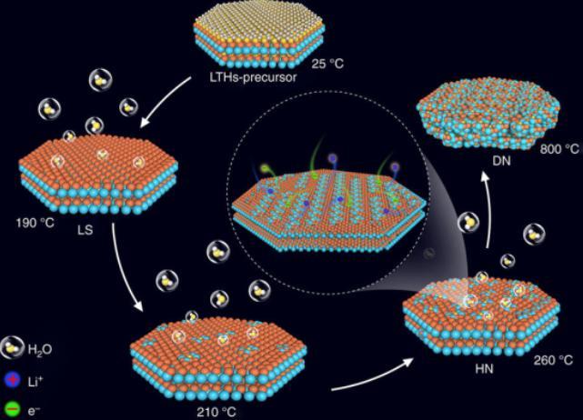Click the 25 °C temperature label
pyautogui.click(x=327, y=64)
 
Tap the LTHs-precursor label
pyautogui.click(x=254, y=77)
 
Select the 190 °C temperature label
pyautogui.click(x=35, y=223)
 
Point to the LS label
pyautogui.click(x=85, y=230)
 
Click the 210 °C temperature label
pyautogui.click(x=216, y=412)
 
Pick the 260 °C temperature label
pyautogui.click(x=553, y=360)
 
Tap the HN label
pyautogui.click(x=485, y=369)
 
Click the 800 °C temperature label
pyautogui.click(x=559, y=149)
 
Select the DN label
pyautogui.click(x=501, y=161)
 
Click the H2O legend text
pyautogui.click(x=40, y=350)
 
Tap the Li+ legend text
pyautogui.click(x=35, y=381)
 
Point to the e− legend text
pyautogui.click(x=35, y=410)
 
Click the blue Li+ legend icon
pyautogui.click(x=13, y=381)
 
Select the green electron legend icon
pyautogui.click(x=13, y=409)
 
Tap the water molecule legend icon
pyautogui.click(x=12, y=347)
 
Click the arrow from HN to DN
pyautogui.click(x=488, y=209)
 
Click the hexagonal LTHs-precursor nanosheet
pyautogui.click(x=259, y=35)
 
